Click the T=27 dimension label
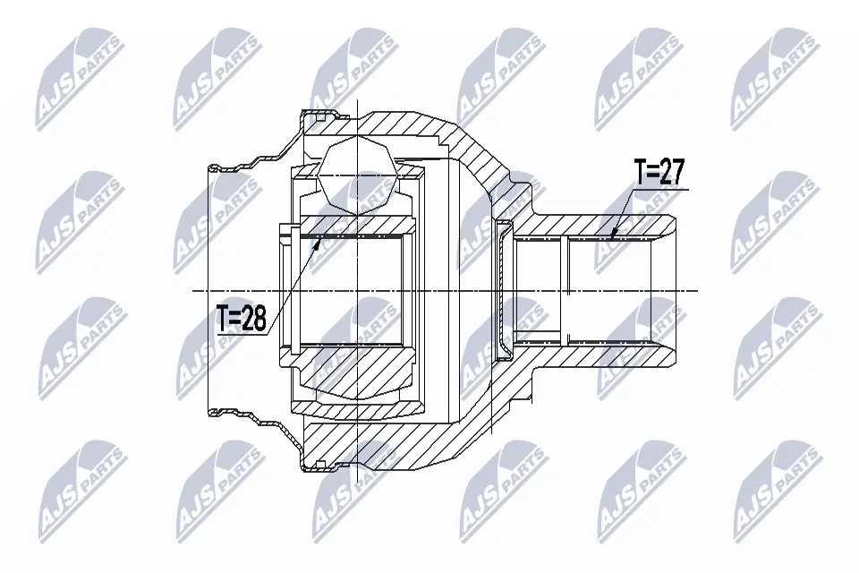(x=660, y=173)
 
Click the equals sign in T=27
(x=653, y=173)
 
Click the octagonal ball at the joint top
(x=357, y=175)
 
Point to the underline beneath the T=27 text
(x=660, y=189)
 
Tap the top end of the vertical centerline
(x=357, y=100)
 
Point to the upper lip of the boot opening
(x=213, y=167)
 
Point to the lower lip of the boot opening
(x=213, y=414)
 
